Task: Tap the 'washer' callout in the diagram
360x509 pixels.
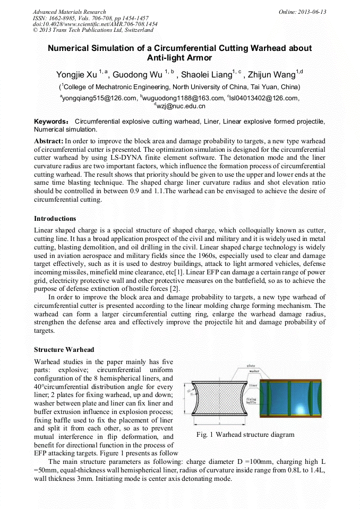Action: (254, 372)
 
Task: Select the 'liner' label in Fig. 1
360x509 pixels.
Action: (253, 385)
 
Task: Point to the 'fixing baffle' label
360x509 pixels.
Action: (251, 401)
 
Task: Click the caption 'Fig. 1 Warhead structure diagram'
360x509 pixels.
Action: (245, 435)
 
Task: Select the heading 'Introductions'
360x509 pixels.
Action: (55, 219)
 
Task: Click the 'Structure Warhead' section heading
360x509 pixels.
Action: (64, 350)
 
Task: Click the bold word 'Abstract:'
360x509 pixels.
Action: (49, 142)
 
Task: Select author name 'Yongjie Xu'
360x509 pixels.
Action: (77, 74)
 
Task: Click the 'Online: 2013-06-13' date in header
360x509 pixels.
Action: (303, 12)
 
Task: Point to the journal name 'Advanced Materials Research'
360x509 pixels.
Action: (69, 12)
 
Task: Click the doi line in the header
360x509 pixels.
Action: (95, 24)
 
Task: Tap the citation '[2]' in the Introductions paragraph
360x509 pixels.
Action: (175, 289)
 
